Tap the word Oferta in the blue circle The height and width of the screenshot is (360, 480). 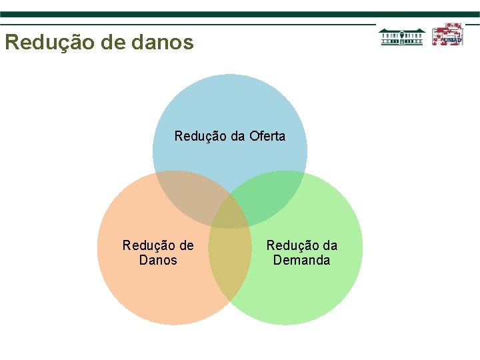click(267, 137)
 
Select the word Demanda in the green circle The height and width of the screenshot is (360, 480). click(301, 260)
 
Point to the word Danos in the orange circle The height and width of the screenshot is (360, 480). click(158, 260)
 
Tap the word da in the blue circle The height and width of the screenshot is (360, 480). click(239, 137)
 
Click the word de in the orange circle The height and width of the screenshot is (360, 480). click(186, 245)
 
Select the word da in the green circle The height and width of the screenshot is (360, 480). click(330, 245)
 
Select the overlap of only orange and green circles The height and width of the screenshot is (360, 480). click(230, 267)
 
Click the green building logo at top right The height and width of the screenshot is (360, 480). click(401, 36)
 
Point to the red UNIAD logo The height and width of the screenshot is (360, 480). click(447, 35)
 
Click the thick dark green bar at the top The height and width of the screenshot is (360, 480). click(240, 14)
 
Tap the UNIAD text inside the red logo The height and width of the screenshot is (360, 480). click(452, 40)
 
